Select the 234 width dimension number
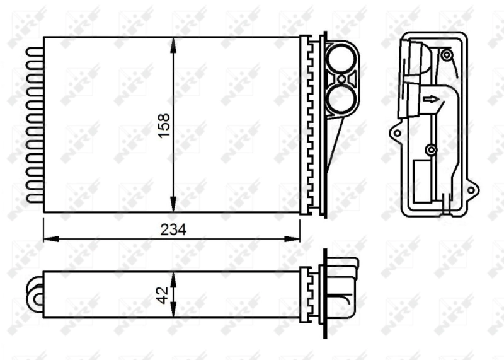click(173, 230)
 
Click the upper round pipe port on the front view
click(341, 59)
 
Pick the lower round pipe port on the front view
click(341, 99)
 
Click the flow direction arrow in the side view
click(432, 98)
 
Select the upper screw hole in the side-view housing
click(446, 55)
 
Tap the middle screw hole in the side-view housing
click(430, 149)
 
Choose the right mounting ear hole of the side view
click(471, 187)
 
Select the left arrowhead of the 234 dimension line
click(48, 239)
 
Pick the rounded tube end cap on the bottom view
click(34, 294)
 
